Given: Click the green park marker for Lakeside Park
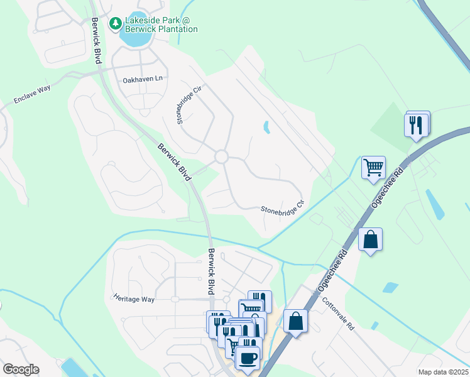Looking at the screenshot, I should point(115,24).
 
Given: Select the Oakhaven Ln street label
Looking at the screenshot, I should point(143,80).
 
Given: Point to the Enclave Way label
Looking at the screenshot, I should point(32,96).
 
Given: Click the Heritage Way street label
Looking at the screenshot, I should point(134,299).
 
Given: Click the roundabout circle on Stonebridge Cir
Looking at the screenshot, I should point(221,156).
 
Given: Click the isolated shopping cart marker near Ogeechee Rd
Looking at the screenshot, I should point(373,168).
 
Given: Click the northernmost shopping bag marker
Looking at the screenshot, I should point(370,239).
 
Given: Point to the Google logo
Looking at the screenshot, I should point(20,369).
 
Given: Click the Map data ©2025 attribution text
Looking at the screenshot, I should point(442,372).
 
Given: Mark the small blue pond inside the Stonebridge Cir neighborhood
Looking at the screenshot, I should point(266,128).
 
